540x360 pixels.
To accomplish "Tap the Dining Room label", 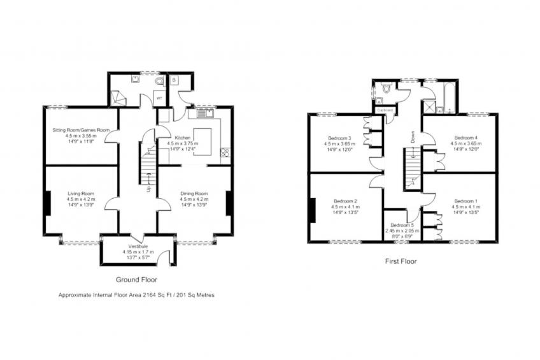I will pyautogui.click(x=194, y=193).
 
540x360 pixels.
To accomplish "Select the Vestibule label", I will pyautogui.click(x=138, y=246).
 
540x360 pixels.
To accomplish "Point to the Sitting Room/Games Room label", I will pyautogui.click(x=81, y=130).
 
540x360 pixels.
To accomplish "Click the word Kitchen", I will pyautogui.click(x=165, y=138).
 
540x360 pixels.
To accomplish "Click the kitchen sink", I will pyautogui.click(x=205, y=113).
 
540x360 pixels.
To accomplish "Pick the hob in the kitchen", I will pyautogui.click(x=224, y=153).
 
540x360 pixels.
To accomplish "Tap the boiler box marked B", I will pyautogui.click(x=173, y=80).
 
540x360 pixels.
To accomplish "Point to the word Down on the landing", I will pyautogui.click(x=413, y=136).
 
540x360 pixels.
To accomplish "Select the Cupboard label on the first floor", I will pyautogui.click(x=385, y=110).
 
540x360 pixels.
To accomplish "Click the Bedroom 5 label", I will pyautogui.click(x=402, y=226).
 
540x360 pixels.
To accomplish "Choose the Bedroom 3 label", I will pyautogui.click(x=340, y=138).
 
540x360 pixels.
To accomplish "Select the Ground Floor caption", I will pyautogui.click(x=136, y=279).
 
